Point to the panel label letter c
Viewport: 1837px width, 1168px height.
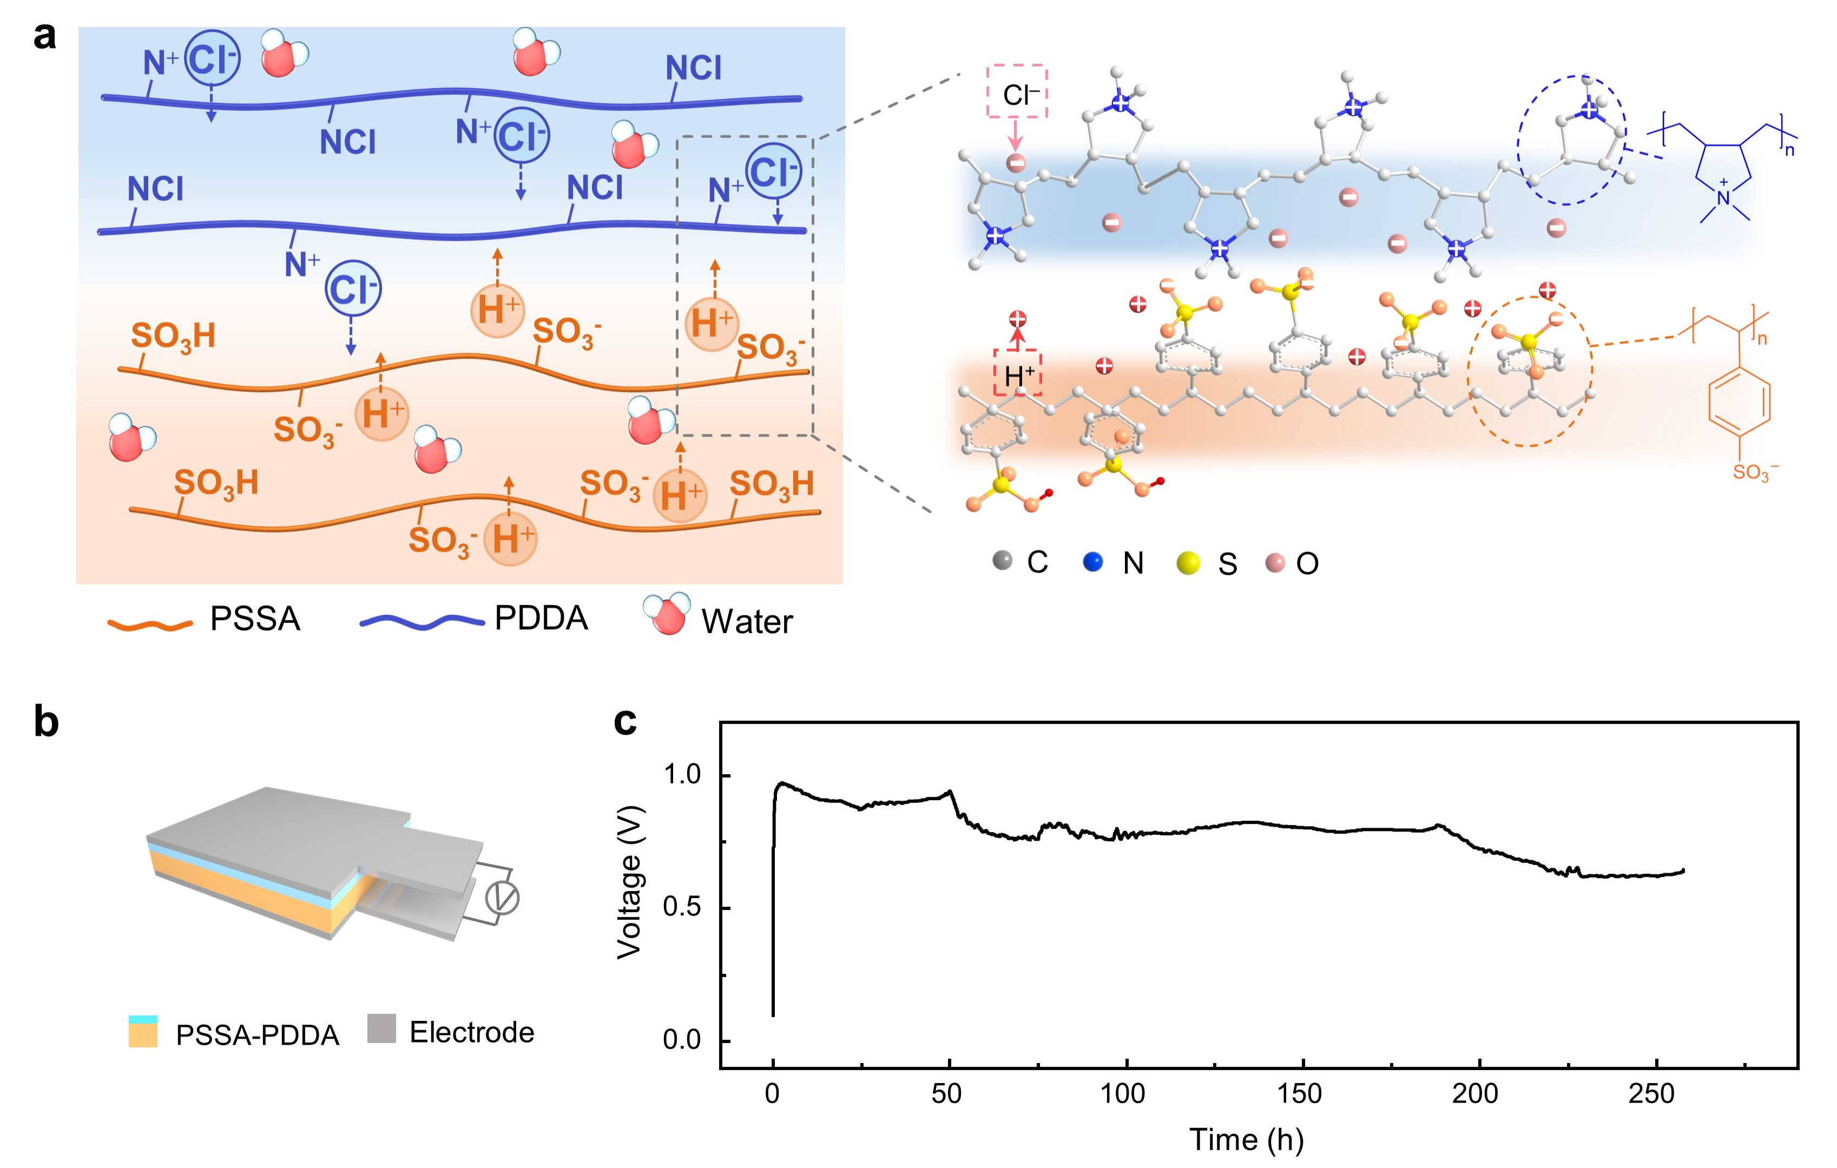point(625,721)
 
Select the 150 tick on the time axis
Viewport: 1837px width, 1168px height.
point(1299,1093)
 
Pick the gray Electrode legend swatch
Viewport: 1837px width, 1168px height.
point(381,1028)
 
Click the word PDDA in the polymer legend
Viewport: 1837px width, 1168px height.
point(541,618)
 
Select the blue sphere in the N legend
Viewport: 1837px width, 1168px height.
point(1092,562)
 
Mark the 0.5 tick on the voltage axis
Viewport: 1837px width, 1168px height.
point(682,908)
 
